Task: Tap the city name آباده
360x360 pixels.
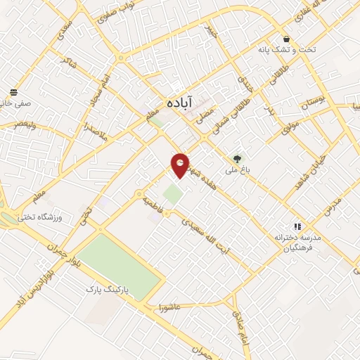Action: click(180, 102)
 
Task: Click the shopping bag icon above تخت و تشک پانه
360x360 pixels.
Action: click(286, 39)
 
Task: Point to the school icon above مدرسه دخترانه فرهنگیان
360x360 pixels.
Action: click(297, 226)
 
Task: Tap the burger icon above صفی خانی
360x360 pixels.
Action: click(13, 93)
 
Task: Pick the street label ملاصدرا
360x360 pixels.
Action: click(94, 131)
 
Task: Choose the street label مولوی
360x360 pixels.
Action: click(290, 127)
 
